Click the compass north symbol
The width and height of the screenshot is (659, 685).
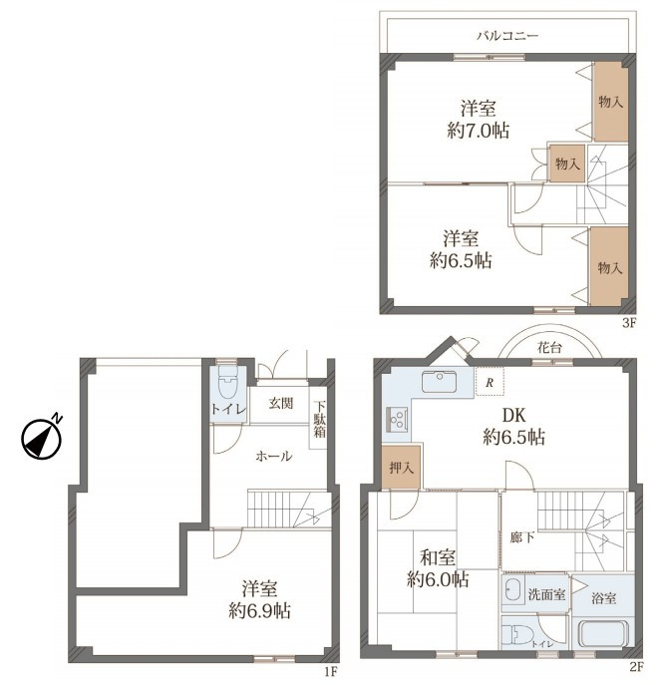pyautogui.click(x=42, y=438)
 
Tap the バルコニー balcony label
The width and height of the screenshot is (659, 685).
pyautogui.click(x=507, y=35)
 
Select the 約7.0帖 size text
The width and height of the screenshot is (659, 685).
pyautogui.click(x=479, y=131)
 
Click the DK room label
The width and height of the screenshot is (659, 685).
pyautogui.click(x=514, y=415)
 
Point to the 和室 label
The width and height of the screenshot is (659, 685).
pyautogui.click(x=438, y=558)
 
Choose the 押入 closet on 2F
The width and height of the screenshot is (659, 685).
pyautogui.click(x=402, y=467)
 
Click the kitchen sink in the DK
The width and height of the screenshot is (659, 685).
pyautogui.click(x=439, y=381)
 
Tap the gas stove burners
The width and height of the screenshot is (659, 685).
pyautogui.click(x=397, y=420)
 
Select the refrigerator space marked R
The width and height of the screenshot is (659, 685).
pyautogui.click(x=490, y=382)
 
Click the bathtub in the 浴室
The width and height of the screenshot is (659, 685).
pyautogui.click(x=603, y=635)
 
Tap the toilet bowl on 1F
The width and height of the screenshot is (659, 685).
pyautogui.click(x=227, y=382)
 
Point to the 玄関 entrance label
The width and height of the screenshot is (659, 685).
pyautogui.click(x=281, y=403)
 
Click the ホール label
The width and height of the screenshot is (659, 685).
pyautogui.click(x=273, y=457)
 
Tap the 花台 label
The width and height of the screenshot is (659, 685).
pyautogui.click(x=549, y=348)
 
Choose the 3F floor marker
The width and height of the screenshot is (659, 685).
pyautogui.click(x=630, y=323)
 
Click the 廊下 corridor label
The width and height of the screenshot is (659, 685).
pyautogui.click(x=522, y=537)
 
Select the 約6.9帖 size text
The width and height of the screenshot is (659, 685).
pyautogui.click(x=260, y=610)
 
